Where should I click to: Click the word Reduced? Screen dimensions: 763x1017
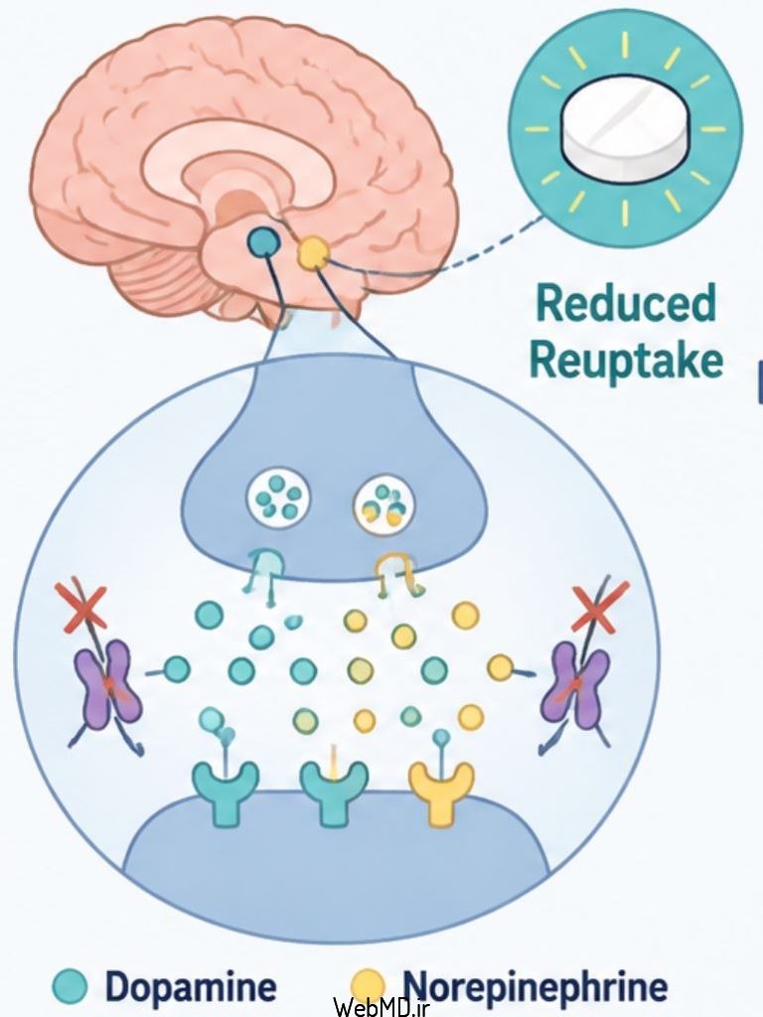(626, 303)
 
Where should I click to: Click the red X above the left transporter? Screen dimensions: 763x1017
(82, 607)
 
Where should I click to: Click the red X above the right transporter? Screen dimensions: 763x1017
(601, 607)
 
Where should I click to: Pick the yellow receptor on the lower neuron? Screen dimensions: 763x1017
(441, 793)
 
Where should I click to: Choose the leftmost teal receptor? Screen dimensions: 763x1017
(226, 792)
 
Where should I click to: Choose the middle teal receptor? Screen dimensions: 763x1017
(334, 793)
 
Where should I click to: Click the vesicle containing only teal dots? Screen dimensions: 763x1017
(279, 500)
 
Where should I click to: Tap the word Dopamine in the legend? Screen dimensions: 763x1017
(191, 986)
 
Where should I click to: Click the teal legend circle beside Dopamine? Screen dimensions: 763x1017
(70, 986)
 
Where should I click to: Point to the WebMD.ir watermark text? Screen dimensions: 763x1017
(382, 1006)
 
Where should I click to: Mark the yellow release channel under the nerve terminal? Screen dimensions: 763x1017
(397, 573)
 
